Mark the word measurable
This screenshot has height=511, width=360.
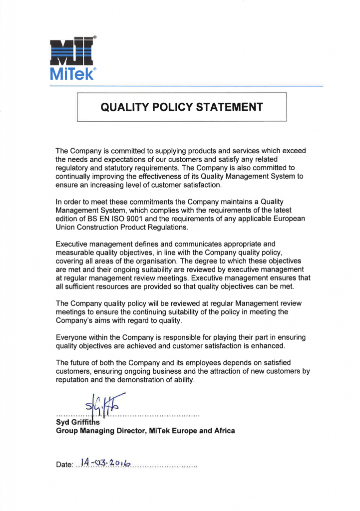point(74,253)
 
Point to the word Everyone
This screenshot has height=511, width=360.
point(73,337)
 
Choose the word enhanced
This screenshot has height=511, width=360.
point(268,346)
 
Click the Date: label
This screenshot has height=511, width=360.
point(64,465)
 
